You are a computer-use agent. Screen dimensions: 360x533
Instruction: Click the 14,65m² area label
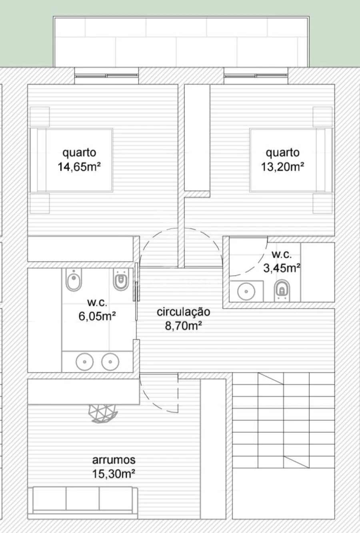79,166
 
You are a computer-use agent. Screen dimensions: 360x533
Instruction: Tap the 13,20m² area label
282,166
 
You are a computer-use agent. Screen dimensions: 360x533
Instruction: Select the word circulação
184,312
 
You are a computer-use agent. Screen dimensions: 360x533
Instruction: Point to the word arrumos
114,460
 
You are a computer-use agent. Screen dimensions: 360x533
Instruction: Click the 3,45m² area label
282,268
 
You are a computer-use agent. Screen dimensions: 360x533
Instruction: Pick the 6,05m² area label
97,316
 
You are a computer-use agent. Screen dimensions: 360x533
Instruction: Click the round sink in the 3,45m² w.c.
246,291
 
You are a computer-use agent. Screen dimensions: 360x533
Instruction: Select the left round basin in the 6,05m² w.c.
85,362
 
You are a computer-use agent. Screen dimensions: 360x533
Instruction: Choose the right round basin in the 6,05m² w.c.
110,362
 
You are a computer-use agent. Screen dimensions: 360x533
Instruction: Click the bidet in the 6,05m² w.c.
74,280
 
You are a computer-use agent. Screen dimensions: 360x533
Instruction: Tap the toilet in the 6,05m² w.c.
121,280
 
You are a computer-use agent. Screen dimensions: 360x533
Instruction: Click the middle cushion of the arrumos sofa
82,498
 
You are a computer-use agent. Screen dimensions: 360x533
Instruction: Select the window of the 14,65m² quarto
106,76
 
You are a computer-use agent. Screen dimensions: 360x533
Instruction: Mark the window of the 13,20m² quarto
256,76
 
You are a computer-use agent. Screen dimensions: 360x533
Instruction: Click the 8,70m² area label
184,325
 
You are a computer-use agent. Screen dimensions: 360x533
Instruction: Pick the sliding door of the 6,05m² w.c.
136,292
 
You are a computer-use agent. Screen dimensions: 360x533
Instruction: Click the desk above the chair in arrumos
84,392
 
